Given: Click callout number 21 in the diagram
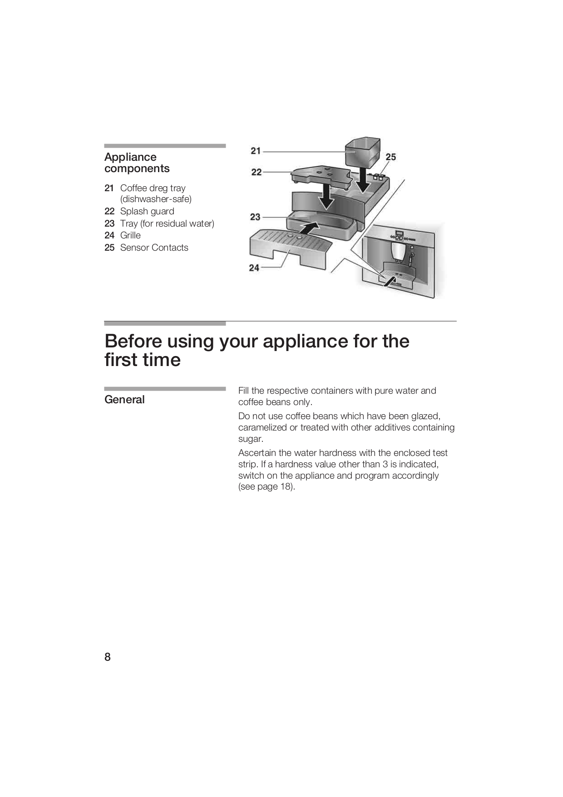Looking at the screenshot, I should (256, 151).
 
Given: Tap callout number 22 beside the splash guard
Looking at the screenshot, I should (257, 172).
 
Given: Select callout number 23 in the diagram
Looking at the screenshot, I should (255, 217).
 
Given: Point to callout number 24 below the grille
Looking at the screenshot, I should (254, 268).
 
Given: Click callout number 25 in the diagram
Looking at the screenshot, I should (390, 157).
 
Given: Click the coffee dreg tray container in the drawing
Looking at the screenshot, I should (362, 153).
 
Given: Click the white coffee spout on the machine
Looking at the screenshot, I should (398, 252).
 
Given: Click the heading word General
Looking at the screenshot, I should (124, 400).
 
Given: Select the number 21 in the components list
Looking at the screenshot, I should (109, 188).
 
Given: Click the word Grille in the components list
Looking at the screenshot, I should (130, 235).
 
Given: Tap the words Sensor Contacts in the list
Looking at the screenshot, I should (154, 248).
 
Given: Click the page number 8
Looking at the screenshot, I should (108, 657).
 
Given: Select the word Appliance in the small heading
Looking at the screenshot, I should (130, 157).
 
